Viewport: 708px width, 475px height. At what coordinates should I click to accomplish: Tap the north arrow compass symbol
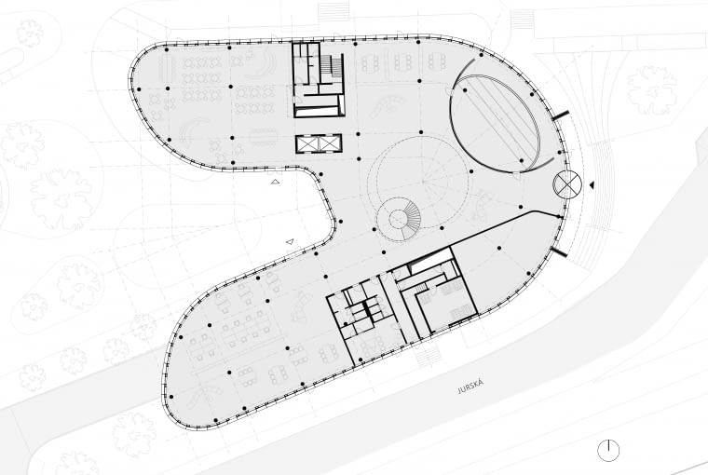coord(608,451)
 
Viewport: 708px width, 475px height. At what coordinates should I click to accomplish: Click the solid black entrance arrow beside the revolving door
coord(592,185)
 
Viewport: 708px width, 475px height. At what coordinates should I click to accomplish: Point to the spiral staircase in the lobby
coord(400,219)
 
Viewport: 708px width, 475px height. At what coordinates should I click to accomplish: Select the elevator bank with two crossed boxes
coord(319,143)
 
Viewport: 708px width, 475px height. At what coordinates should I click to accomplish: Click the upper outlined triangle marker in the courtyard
coord(275,183)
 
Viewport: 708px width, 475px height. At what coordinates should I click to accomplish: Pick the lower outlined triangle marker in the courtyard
coord(290,241)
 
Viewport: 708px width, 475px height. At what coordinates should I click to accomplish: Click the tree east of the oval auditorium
coord(651,90)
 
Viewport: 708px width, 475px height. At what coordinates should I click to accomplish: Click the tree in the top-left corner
coord(30,34)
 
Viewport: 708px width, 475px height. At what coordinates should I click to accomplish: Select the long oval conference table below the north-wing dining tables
coord(270,137)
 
